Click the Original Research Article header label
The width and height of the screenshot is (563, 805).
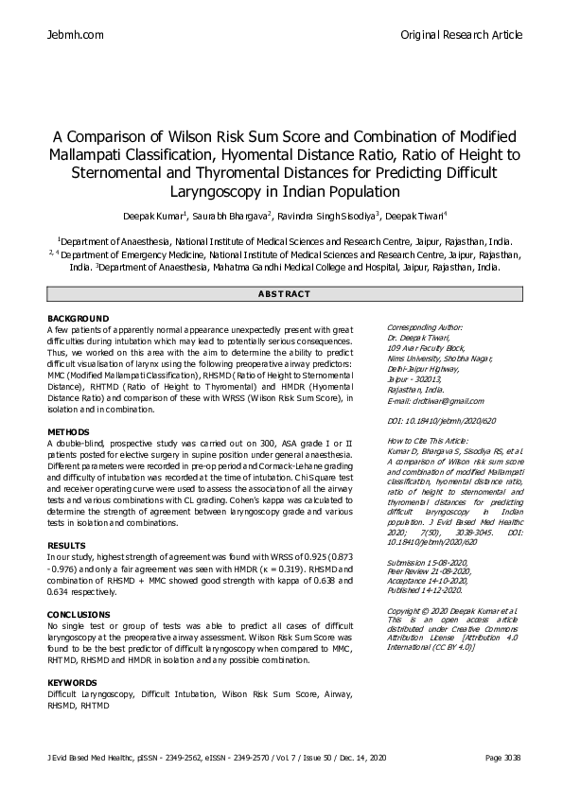[x=461, y=35]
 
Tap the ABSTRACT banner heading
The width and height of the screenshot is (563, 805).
[x=281, y=294]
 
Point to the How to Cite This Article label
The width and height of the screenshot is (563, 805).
[x=427, y=442]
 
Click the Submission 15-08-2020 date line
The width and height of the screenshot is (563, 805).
[x=429, y=562]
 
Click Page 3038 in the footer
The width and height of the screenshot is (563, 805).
[x=502, y=758]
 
